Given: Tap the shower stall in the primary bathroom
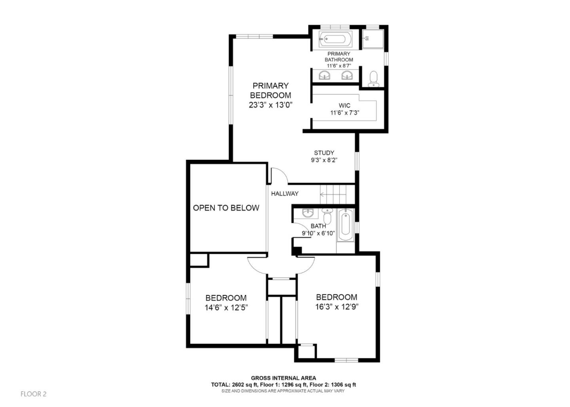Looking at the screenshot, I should click(x=373, y=39).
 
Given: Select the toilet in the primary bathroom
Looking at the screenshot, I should click(x=373, y=79).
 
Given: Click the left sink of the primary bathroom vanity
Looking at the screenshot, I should click(x=325, y=75).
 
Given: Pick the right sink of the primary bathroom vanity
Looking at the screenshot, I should click(x=347, y=75).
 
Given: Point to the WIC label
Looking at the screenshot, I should click(x=344, y=106).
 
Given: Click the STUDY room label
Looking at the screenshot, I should click(x=324, y=153).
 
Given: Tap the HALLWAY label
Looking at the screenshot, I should click(x=285, y=194).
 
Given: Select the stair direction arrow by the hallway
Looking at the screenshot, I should click(x=323, y=195).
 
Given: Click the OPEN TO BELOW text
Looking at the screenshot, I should click(x=226, y=208).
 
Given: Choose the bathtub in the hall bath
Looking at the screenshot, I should click(x=345, y=225).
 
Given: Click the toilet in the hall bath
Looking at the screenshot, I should click(x=327, y=216).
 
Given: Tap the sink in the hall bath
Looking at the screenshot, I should click(x=307, y=213).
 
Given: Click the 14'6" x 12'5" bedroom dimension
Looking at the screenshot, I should click(x=226, y=308).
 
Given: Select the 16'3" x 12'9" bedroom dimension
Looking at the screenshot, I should click(x=336, y=307).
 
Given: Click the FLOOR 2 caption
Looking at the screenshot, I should click(x=34, y=394).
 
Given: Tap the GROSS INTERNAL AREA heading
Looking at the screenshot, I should click(x=283, y=378).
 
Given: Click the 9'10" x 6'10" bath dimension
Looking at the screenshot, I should click(x=318, y=233).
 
